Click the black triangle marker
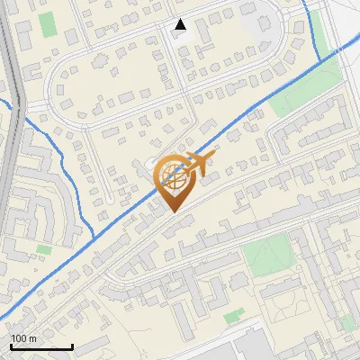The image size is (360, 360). point(180,24)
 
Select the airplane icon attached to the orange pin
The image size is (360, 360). point(200,163)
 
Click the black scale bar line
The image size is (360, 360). point(41,347)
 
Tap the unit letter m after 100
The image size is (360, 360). point(32,338)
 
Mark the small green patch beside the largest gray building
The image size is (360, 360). point(234,316)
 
